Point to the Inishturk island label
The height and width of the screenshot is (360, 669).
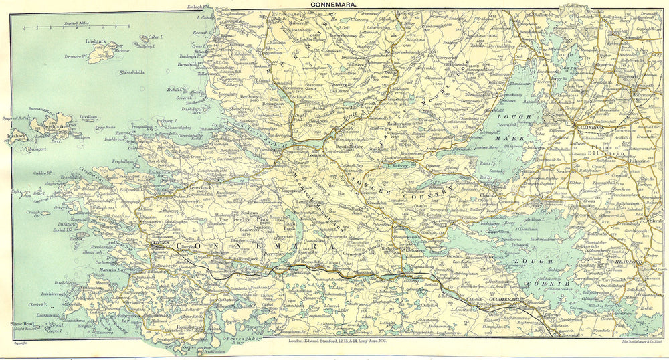(x=98, y=41)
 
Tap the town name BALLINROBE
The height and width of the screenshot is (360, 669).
(x=590, y=125)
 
